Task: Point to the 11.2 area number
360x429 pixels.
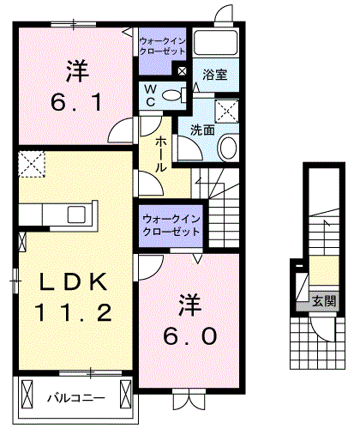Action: [x=74, y=312]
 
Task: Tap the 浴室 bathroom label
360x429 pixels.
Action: [x=215, y=76]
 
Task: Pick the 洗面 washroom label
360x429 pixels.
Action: [x=203, y=131]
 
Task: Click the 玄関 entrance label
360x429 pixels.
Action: [x=324, y=301]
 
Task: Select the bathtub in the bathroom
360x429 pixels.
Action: [x=216, y=44]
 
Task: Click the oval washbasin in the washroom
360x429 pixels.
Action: [x=229, y=148]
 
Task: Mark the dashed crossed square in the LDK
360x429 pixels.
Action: [x=31, y=163]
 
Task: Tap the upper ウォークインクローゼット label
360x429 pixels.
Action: [x=163, y=45]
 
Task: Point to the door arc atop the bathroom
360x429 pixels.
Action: [x=225, y=15]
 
